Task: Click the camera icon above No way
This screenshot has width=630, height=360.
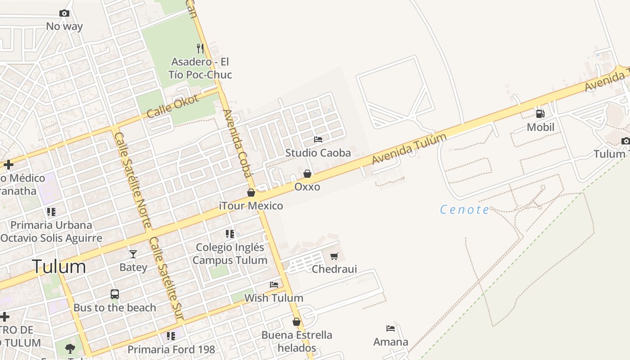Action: [64, 13]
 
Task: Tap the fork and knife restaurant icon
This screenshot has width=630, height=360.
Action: [200, 48]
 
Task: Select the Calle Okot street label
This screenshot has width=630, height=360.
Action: [172, 106]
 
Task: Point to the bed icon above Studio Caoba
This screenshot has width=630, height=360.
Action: [318, 139]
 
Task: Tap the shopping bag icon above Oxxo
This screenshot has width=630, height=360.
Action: [307, 174]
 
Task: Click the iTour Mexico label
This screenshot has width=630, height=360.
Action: [251, 206]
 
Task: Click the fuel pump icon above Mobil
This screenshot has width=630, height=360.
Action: [540, 114]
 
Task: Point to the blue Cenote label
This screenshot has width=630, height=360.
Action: [464, 209]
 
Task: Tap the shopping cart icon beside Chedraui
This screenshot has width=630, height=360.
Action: [334, 256]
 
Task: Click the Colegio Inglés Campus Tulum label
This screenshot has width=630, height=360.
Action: [230, 253]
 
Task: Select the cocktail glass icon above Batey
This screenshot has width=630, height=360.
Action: [133, 254]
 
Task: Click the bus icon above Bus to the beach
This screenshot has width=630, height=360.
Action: [115, 294]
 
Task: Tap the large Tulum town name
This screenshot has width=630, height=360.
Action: [58, 266]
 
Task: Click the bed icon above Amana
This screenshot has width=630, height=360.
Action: [391, 329]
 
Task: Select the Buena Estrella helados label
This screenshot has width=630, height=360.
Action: [297, 341]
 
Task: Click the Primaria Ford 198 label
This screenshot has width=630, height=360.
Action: [171, 349]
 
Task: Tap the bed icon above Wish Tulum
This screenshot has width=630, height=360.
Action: [274, 285]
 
